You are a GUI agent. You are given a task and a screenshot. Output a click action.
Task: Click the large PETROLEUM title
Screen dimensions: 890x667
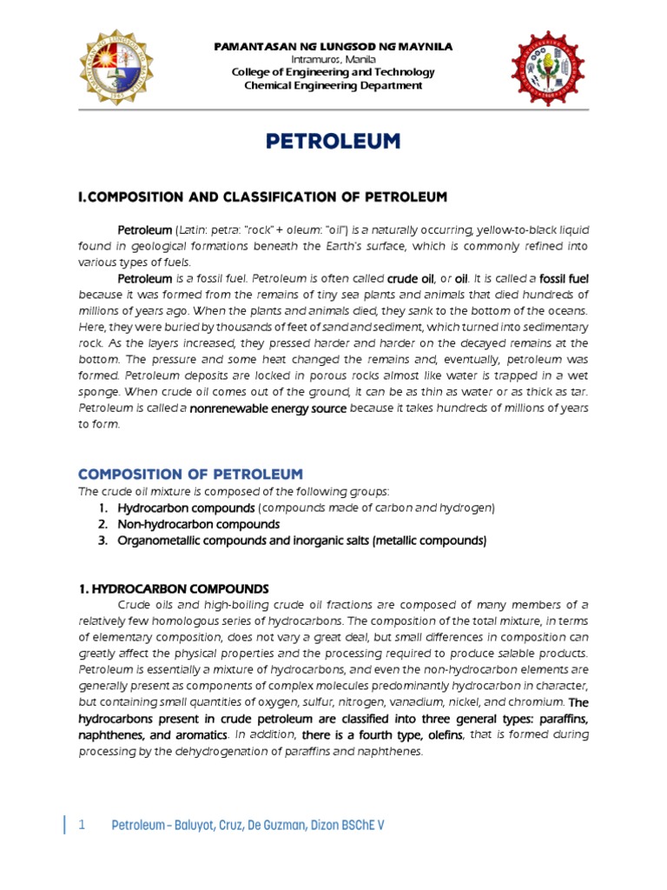tap(333, 141)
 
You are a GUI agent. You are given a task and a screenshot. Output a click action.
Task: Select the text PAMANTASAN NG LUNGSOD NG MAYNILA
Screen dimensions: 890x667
tap(333, 45)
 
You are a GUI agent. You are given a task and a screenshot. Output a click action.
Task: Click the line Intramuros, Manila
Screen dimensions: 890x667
tap(333, 58)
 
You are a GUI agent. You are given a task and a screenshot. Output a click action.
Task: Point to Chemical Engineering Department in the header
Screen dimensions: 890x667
tap(333, 85)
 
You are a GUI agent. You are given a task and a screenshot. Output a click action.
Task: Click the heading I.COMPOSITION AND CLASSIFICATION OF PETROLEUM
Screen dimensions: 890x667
tap(262, 197)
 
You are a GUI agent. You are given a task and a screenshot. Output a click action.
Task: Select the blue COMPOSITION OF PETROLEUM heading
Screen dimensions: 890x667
tap(190, 474)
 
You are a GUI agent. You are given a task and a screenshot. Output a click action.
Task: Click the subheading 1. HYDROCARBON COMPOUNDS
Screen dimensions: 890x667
tap(174, 588)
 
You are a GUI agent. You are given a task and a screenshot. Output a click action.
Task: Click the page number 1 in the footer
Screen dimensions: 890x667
tap(82, 825)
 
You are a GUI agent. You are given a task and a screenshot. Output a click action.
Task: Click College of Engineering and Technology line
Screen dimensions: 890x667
tap(333, 72)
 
